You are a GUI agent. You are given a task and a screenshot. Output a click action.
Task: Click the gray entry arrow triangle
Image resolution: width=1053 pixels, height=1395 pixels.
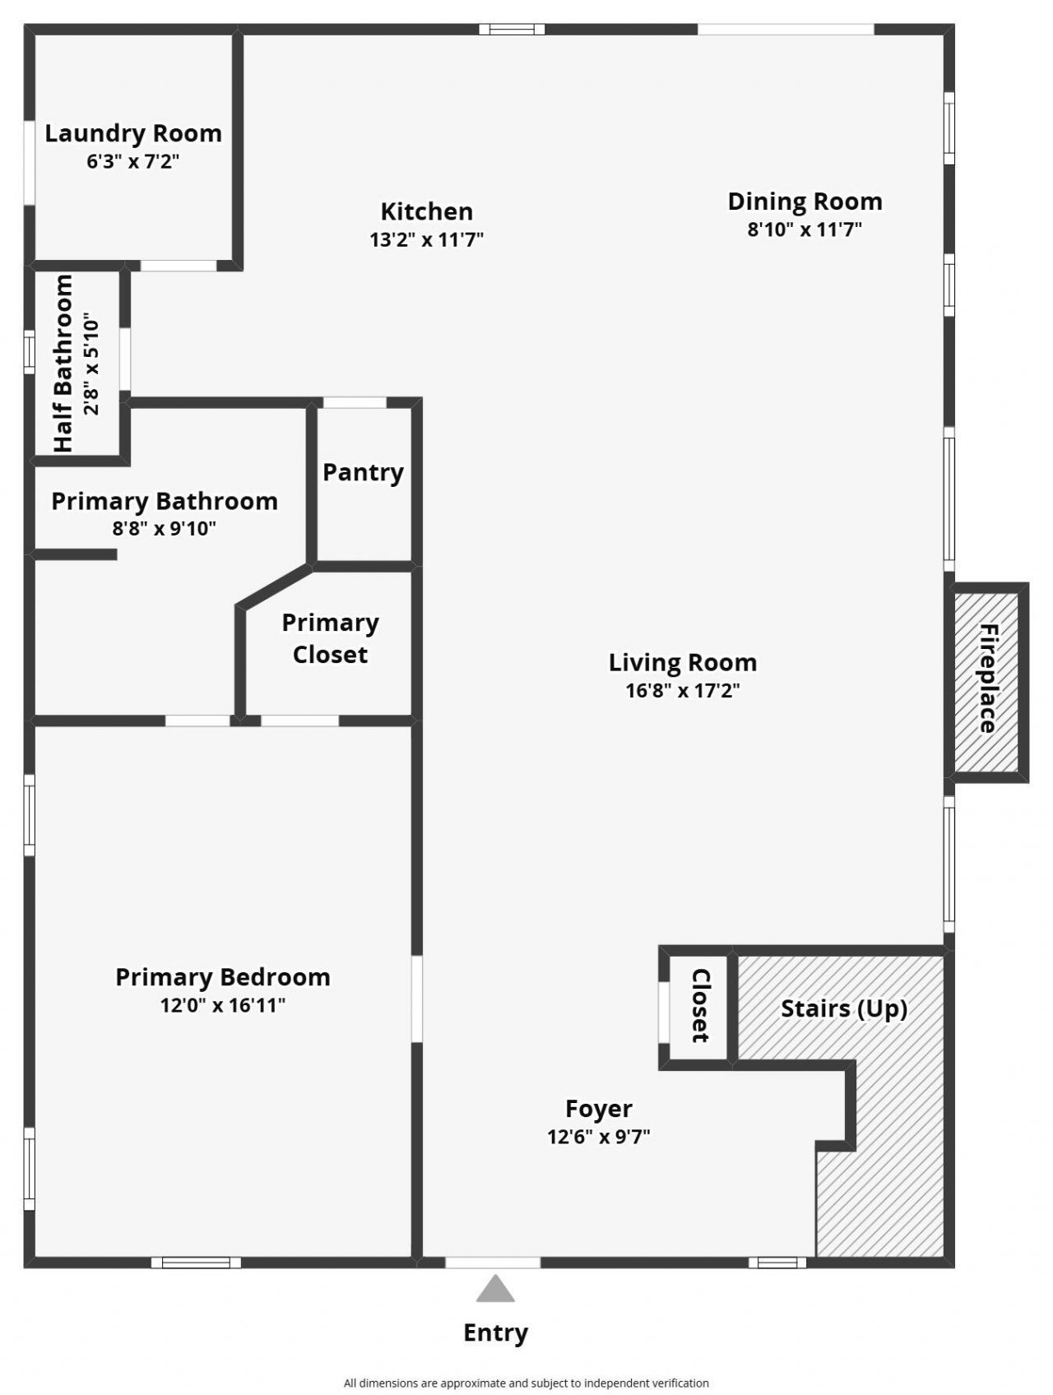click(x=495, y=1290)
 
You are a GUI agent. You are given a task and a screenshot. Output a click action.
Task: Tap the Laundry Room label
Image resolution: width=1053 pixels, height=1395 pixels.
click(x=133, y=133)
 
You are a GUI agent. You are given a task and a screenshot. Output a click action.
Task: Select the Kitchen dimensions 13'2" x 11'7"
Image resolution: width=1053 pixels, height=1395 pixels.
click(x=426, y=239)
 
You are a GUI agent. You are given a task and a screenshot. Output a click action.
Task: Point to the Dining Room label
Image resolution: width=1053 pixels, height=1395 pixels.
click(x=805, y=202)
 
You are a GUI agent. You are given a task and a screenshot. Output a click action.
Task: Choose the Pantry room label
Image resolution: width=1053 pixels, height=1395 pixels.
click(x=363, y=472)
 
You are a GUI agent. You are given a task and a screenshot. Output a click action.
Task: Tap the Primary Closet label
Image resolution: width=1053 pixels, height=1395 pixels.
click(x=330, y=638)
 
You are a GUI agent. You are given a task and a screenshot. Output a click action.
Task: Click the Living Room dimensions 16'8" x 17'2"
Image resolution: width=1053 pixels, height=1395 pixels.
click(x=683, y=690)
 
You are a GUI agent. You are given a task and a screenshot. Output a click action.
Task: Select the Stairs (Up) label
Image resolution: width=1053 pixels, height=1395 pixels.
click(x=843, y=1008)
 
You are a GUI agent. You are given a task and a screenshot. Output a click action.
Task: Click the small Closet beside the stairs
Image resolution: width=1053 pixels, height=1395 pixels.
click(x=698, y=1005)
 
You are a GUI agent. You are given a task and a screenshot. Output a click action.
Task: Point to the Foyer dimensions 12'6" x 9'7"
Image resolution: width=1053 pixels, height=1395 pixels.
click(x=599, y=1137)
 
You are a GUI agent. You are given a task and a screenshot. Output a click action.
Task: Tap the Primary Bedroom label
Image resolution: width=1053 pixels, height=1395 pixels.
click(x=222, y=977)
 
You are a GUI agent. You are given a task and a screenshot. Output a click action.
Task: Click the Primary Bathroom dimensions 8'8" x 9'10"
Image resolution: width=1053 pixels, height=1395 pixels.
click(x=165, y=528)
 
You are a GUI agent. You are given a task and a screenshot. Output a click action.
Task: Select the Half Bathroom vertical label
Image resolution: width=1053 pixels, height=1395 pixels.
click(x=64, y=363)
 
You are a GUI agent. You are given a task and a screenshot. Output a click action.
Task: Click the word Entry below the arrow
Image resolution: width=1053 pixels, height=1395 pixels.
click(x=495, y=1332)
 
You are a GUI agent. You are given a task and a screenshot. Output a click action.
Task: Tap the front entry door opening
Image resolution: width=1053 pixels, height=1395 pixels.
click(x=493, y=1263)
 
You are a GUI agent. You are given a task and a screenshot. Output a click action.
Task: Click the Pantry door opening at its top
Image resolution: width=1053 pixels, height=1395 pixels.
click(x=355, y=402)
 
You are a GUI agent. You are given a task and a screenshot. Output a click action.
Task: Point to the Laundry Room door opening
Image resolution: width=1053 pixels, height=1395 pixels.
click(x=178, y=266)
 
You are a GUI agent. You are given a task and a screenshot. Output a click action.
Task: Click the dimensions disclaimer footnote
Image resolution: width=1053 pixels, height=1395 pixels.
click(x=526, y=1383)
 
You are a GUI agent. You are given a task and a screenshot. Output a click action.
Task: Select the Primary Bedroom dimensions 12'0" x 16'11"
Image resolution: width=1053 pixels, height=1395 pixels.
click(x=222, y=1004)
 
